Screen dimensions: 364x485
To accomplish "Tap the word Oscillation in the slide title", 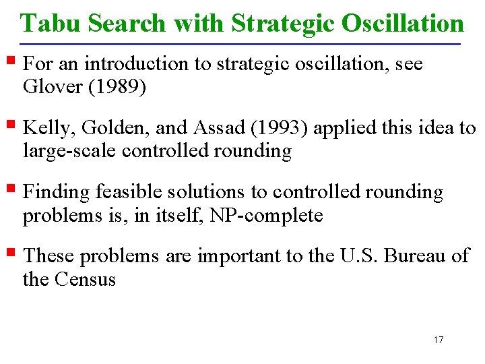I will [x=403, y=24].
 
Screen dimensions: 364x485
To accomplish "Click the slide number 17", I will [x=439, y=340].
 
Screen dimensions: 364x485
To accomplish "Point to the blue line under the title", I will [x=243, y=44].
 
